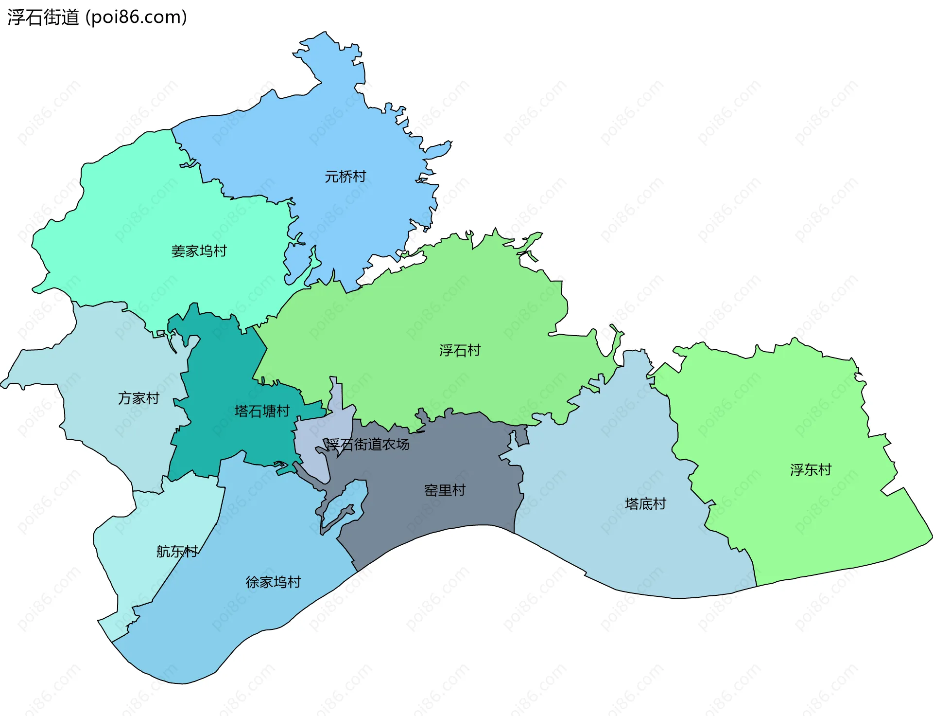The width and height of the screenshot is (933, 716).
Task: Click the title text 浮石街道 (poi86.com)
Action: coord(97,18)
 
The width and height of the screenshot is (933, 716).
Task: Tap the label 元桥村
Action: coord(345,177)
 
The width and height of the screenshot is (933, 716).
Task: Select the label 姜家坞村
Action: coord(199,251)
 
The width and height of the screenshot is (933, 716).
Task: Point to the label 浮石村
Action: coord(460,350)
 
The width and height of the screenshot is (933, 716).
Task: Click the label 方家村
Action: coord(138,398)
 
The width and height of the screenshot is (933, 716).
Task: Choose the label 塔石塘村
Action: coord(262,412)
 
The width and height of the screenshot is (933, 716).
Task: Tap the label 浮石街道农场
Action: coord(367,444)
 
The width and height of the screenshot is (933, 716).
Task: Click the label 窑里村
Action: coord(445,490)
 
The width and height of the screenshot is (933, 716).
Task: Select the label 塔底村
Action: coord(645,504)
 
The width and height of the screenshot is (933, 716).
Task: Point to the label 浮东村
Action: coord(811,470)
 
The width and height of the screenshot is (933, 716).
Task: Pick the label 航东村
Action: coord(177,552)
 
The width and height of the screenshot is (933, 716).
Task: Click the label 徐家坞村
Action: coord(273,582)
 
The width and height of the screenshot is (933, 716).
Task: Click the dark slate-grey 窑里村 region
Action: coord(437,516)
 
